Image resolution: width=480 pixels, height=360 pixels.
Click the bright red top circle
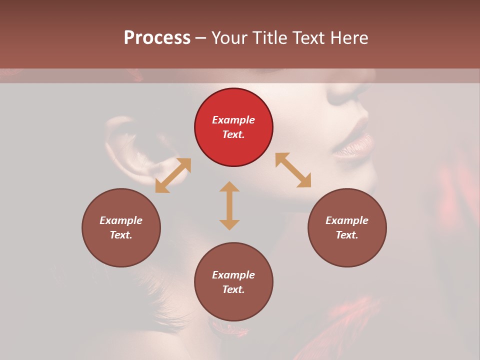pos(233,127)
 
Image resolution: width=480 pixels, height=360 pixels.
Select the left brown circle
pos(121,227)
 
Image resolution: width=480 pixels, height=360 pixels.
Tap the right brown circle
pos(347,227)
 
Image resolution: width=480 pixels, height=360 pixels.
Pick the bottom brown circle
pos(233,282)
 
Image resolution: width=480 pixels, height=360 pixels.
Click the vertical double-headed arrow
pos(229,205)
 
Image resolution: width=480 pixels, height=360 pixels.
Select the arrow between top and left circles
pos(173,175)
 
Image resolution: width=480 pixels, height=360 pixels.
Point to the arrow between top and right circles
pos(293,170)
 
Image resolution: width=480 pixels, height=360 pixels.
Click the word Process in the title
pos(157,37)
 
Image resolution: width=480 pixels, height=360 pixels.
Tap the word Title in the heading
pos(269,37)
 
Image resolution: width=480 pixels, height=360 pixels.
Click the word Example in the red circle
pos(233,120)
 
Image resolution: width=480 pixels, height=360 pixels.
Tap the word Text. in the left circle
pos(121,235)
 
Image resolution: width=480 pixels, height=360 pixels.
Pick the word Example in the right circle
pos(347,220)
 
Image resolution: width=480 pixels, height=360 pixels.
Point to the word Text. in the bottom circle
pos(233,289)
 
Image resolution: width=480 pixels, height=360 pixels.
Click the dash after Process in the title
pos(201,37)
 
